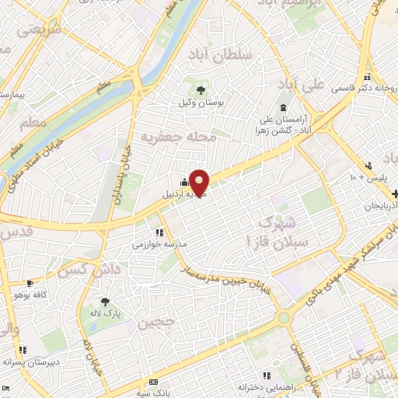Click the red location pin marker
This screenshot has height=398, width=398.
(200, 181)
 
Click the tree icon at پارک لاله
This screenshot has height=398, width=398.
(103, 302)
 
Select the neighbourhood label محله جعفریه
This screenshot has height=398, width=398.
(177, 137)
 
